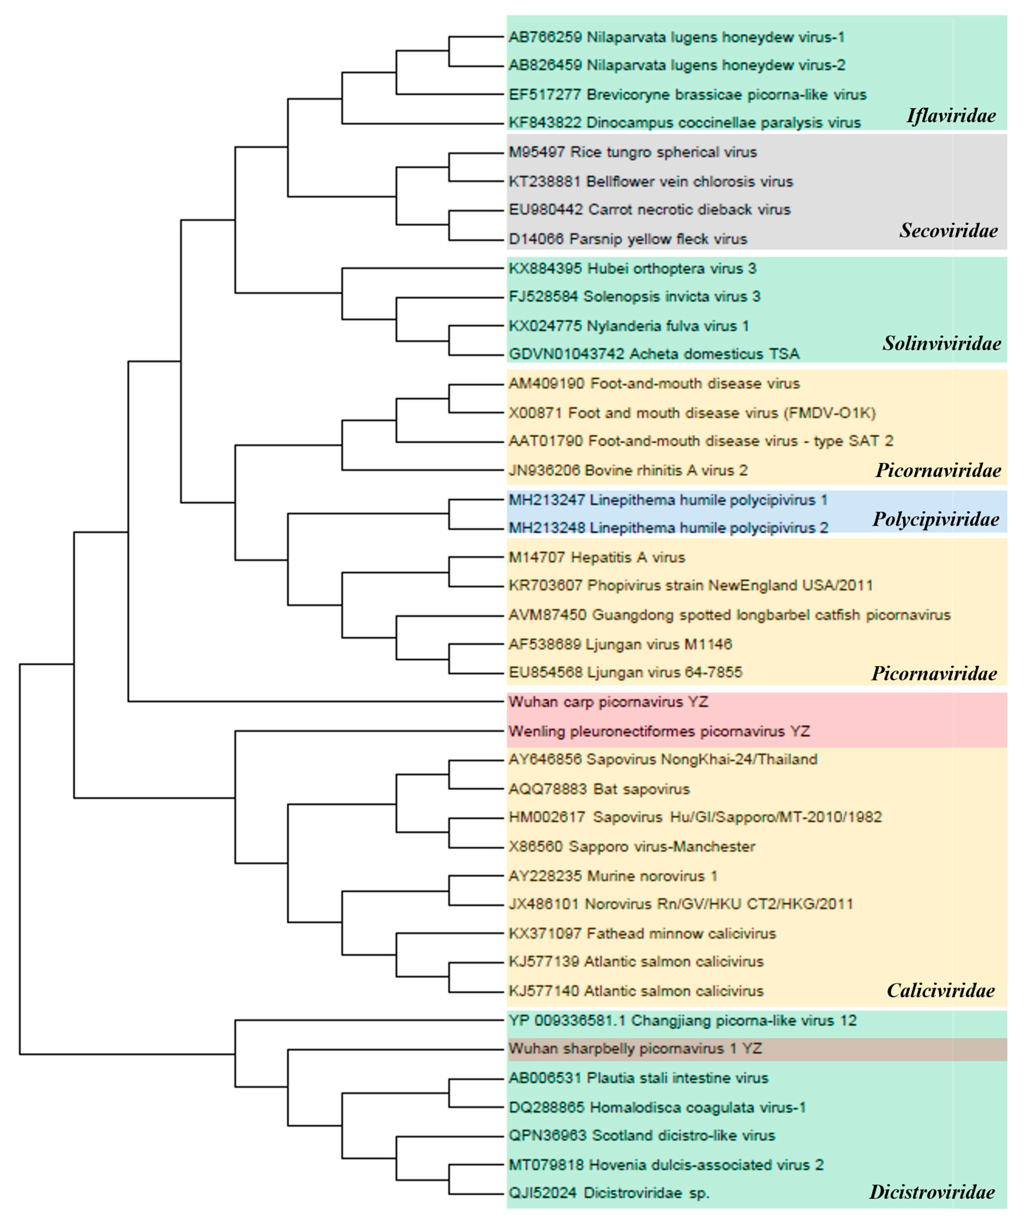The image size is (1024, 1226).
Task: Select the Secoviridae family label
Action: (948, 231)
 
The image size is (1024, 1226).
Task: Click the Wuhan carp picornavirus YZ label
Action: (608, 702)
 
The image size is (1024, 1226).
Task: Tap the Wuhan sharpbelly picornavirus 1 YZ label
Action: (635, 1048)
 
